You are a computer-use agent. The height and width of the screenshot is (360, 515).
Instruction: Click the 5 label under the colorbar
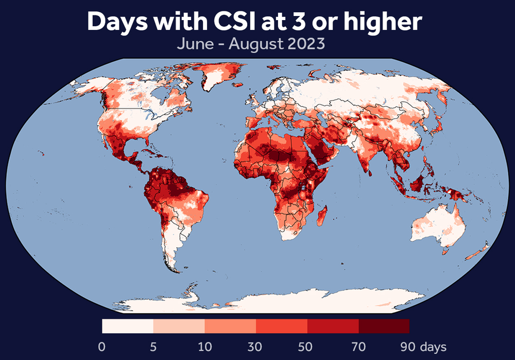[153, 346]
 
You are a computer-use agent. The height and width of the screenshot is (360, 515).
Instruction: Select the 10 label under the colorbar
[204, 346]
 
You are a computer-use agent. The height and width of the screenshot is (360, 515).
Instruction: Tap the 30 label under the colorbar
[256, 346]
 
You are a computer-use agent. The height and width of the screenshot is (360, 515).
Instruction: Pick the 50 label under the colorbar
[307, 346]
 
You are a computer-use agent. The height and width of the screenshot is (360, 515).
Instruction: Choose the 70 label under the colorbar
[358, 346]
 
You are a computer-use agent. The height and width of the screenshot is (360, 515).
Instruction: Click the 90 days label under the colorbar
[421, 346]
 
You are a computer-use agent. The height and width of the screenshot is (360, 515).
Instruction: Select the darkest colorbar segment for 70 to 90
[384, 326]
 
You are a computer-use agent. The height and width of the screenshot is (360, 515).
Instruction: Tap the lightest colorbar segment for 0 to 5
[128, 326]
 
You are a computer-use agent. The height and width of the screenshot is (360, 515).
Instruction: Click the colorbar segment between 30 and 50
[282, 326]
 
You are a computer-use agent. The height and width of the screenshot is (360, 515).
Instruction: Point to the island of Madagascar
[323, 215]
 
